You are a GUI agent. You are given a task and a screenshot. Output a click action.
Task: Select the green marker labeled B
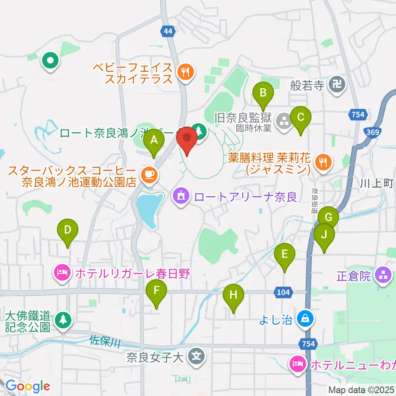point(263,95)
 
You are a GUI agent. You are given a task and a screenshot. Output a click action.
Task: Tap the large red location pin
point(187,139)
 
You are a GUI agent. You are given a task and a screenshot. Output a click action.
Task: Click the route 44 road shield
point(168,31)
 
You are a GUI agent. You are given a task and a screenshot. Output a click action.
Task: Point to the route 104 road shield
point(284,292)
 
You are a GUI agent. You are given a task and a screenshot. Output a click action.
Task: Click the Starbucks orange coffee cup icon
point(148,174)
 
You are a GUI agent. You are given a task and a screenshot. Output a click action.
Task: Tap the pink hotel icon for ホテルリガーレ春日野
point(61,273)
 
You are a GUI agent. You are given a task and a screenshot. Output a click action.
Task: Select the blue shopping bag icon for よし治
point(305,318)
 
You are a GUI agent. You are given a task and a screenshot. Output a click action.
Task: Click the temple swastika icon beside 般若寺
point(334,85)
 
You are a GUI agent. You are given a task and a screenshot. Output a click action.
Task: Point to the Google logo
point(28,386)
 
